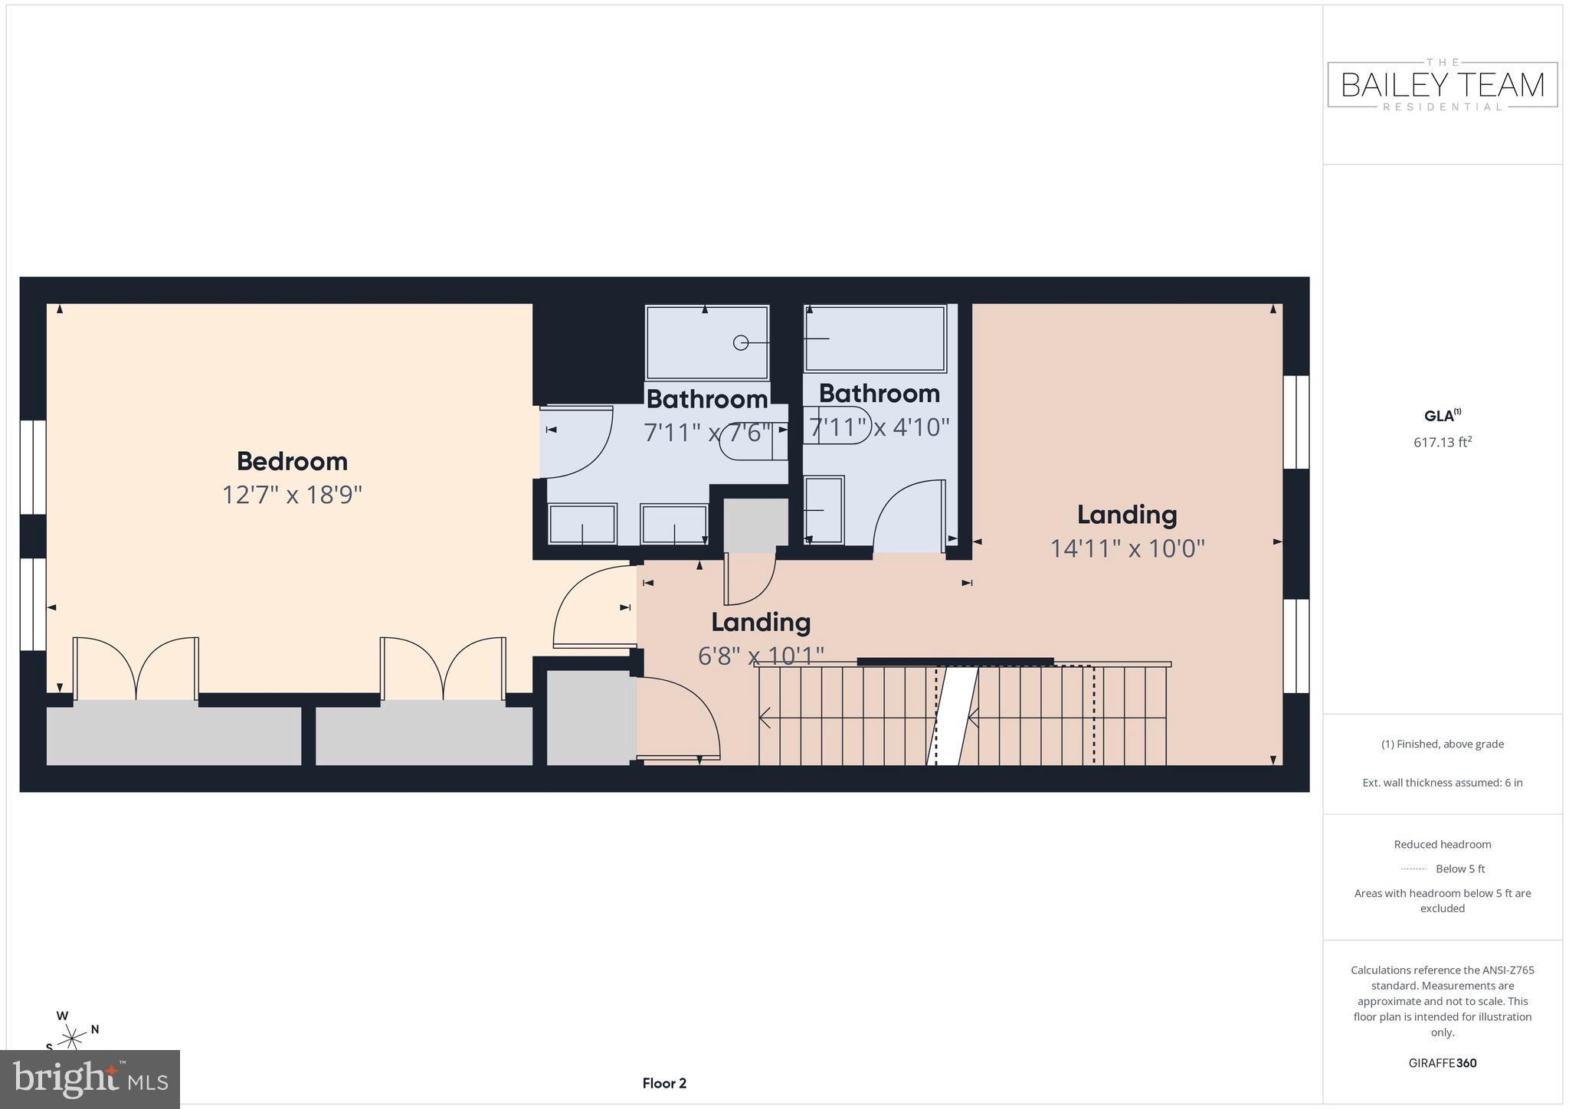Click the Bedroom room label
pyautogui.click(x=292, y=461)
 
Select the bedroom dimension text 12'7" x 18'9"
pyautogui.click(x=292, y=495)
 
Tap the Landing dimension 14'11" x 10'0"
pyautogui.click(x=1127, y=548)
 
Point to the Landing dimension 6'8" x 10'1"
pyautogui.click(x=761, y=656)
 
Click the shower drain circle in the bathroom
pyautogui.click(x=741, y=342)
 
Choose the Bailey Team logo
pyautogui.click(x=1443, y=84)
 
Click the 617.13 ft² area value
pyautogui.click(x=1443, y=442)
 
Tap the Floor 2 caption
pyautogui.click(x=664, y=1083)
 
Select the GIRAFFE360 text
pyautogui.click(x=1443, y=1063)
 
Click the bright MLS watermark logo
pyautogui.click(x=90, y=1079)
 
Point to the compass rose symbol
pyautogui.click(x=72, y=1039)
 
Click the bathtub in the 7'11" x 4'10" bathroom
pyautogui.click(x=875, y=339)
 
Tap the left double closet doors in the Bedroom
pyautogui.click(x=136, y=668)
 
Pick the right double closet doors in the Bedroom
pyautogui.click(x=443, y=668)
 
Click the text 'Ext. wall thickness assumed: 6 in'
pyautogui.click(x=1443, y=783)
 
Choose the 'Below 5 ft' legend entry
pyautogui.click(x=1443, y=869)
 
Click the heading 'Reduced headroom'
pyautogui.click(x=1443, y=845)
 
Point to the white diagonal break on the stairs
pyautogui.click(x=953, y=715)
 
